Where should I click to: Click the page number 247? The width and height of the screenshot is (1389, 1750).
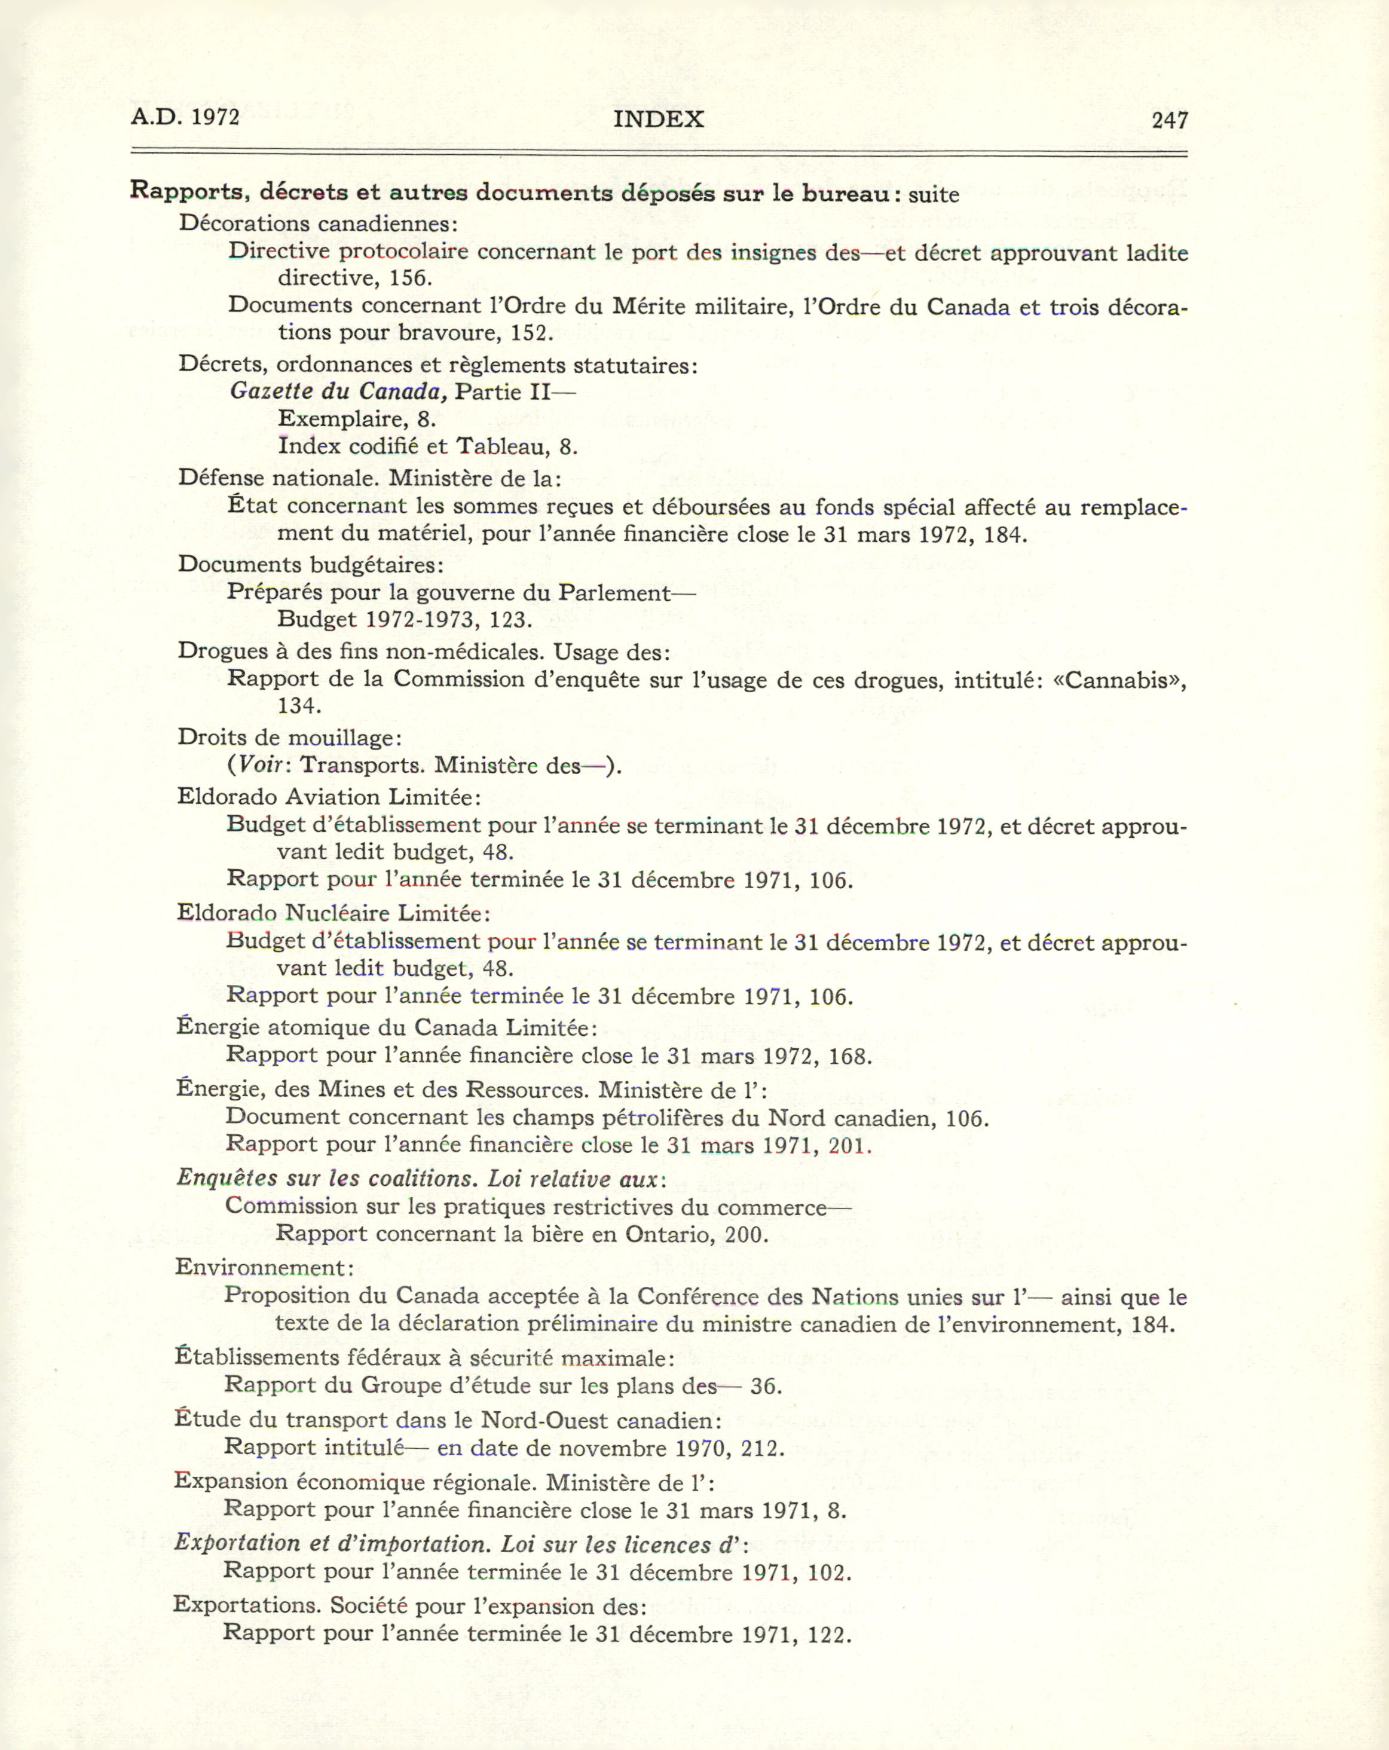pyautogui.click(x=1169, y=120)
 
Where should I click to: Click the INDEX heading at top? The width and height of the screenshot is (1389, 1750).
pyautogui.click(x=659, y=120)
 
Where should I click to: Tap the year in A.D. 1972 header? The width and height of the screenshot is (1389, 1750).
pyautogui.click(x=215, y=117)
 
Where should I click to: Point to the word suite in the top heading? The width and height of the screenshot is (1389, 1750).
pyautogui.click(x=934, y=195)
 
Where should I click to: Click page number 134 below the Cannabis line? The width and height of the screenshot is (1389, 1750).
pyautogui.click(x=298, y=706)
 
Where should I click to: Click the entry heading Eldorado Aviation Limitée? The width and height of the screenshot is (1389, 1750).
pyautogui.click(x=328, y=797)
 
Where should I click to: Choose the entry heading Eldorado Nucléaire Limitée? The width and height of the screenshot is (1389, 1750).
pyautogui.click(x=333, y=913)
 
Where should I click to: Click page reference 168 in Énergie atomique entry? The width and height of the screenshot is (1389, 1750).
pyautogui.click(x=849, y=1057)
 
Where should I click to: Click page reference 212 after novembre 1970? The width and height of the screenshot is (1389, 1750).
pyautogui.click(x=761, y=1448)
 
